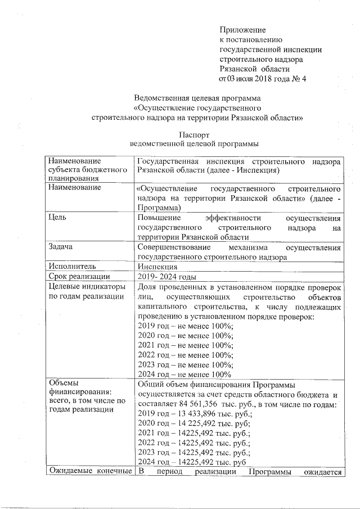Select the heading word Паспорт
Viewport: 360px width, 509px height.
(x=193, y=135)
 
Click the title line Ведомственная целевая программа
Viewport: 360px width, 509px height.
(x=194, y=98)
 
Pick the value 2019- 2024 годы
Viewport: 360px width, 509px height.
(x=166, y=276)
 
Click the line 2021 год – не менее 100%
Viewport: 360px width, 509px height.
(x=186, y=345)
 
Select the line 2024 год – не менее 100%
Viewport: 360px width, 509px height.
(x=184, y=374)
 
